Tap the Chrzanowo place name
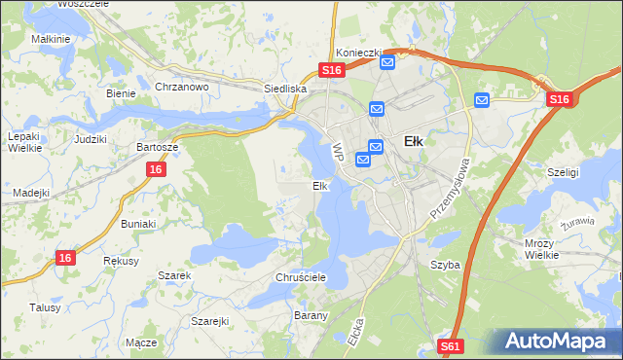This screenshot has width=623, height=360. (182, 87)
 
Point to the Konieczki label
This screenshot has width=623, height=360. (356, 52)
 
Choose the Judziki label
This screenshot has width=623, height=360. (90, 138)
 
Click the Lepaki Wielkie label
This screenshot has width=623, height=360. (23, 143)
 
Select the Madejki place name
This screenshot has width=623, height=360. (31, 193)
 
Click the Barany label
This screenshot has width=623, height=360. (311, 315)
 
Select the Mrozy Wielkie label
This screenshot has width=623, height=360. (539, 248)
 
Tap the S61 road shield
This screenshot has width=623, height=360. (450, 345)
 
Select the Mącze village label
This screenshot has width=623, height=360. (141, 342)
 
